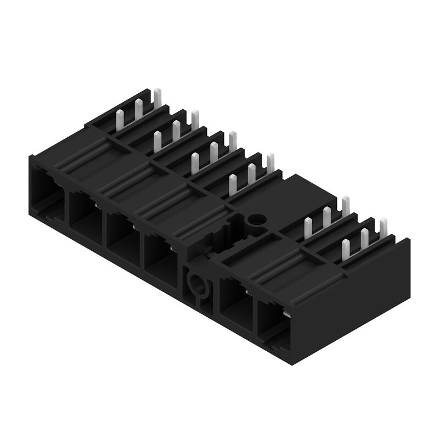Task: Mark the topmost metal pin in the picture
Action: point(157,99)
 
